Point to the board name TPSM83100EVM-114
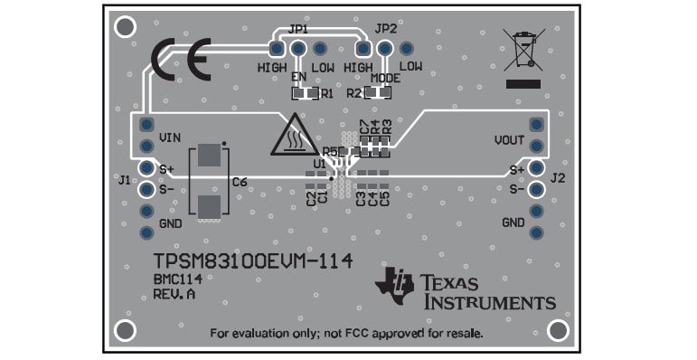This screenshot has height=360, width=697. click(x=251, y=261)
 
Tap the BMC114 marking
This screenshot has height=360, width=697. click(x=176, y=279)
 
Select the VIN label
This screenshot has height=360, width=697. click(x=171, y=137)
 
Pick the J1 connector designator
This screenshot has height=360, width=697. click(x=124, y=180)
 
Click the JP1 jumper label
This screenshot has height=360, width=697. click(x=297, y=29)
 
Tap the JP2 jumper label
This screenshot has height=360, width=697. click(x=385, y=29)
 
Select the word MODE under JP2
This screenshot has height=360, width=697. click(x=385, y=79)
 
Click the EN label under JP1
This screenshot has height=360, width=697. click(x=298, y=79)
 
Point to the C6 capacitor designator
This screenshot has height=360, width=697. click(x=240, y=182)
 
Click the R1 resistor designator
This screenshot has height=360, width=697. click(x=327, y=92)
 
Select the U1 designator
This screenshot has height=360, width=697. click(x=319, y=163)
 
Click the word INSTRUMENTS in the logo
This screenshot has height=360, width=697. click(x=490, y=302)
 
